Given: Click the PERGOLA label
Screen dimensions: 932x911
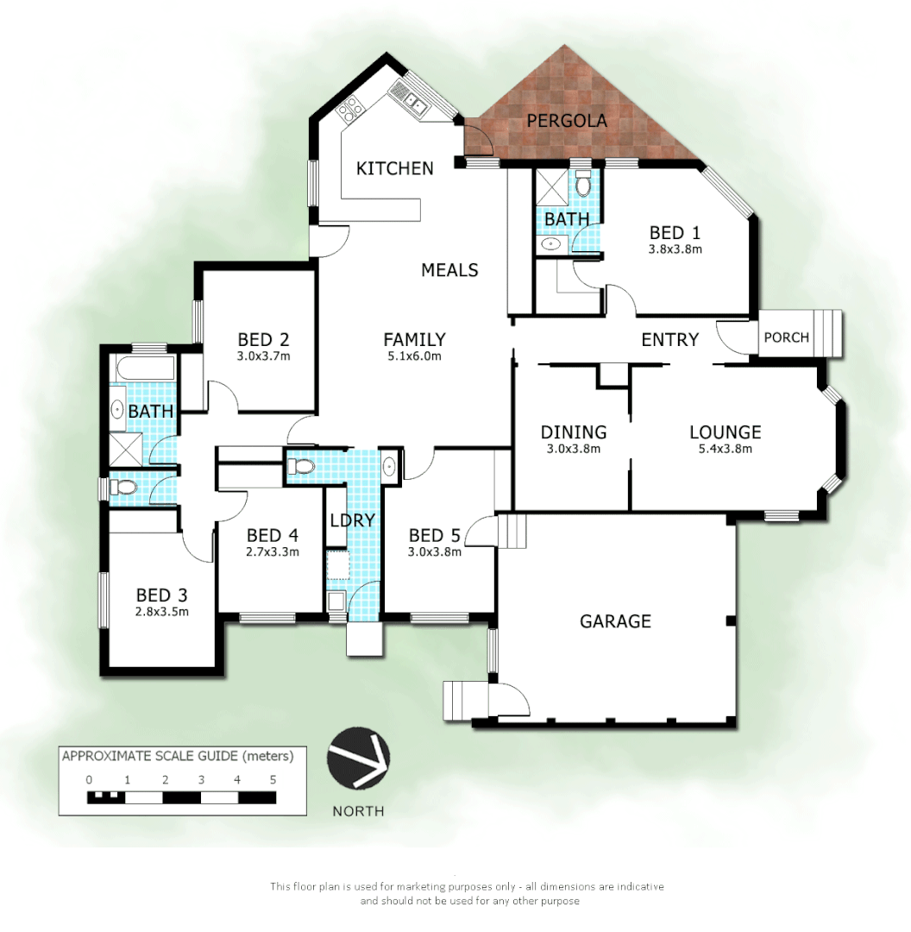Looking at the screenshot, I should point(567,121).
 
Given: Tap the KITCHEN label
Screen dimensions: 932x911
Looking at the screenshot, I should point(395,167).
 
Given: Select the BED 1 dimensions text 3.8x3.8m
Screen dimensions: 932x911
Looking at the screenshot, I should point(675,249).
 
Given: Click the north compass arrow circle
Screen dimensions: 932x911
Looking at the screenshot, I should point(358,758).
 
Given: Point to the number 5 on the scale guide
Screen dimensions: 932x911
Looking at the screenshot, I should point(273,779).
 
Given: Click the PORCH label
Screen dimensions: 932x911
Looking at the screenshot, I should point(787,337).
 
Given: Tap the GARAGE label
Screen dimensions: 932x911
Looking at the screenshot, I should point(615,620).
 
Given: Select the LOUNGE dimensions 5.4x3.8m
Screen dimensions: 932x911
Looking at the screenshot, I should point(725,449).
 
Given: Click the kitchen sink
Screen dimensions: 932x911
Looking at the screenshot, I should point(412,103).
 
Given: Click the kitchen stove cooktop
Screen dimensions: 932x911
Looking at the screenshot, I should point(352,108).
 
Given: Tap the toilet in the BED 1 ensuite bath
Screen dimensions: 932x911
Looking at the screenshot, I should point(583,185).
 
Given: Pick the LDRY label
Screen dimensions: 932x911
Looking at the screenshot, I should point(352,520).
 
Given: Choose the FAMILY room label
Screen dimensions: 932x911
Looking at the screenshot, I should point(414,339).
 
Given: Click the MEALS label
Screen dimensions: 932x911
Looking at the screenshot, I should point(449,270).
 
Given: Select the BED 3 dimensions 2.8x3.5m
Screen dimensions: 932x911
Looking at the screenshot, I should point(162,612).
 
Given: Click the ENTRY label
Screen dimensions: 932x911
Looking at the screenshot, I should point(669,339).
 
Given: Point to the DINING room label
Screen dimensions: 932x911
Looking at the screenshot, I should point(574,432).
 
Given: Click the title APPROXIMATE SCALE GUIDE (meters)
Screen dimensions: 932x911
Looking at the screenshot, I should point(178,757).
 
